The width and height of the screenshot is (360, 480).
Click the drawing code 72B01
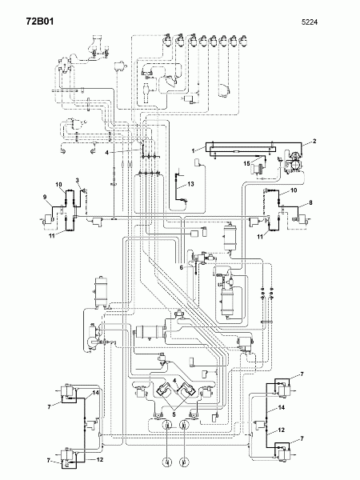(x=40, y=22)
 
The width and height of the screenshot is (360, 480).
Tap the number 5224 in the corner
(x=310, y=22)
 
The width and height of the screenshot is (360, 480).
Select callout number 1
(x=193, y=150)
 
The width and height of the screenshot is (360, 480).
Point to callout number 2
(x=314, y=141)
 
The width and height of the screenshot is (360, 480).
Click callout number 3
(x=78, y=180)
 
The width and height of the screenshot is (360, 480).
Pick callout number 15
(x=246, y=163)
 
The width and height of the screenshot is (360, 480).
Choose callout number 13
(x=190, y=184)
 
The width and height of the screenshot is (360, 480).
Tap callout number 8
(x=310, y=202)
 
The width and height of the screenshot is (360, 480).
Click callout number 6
(x=182, y=267)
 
